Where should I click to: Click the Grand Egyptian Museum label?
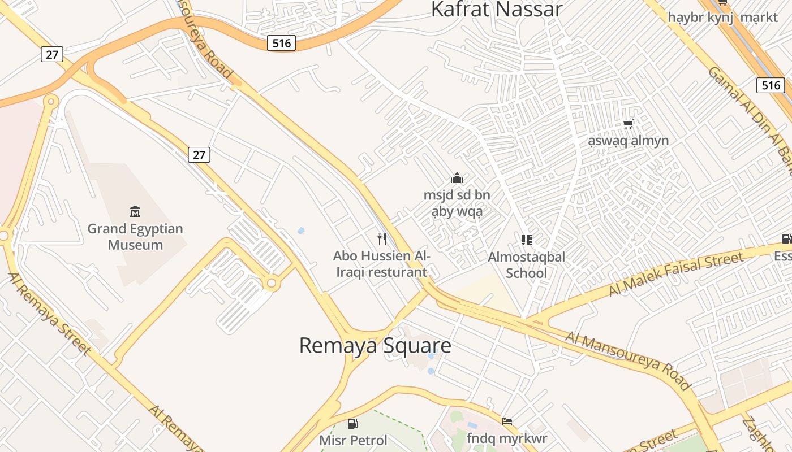coord(135,237)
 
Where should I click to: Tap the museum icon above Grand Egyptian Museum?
coord(135,212)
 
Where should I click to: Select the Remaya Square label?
coord(375,345)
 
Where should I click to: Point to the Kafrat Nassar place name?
coord(497,10)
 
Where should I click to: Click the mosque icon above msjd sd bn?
coord(457,179)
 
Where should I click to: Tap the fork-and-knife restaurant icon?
coord(382,239)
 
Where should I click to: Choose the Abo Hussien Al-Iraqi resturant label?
coord(382,264)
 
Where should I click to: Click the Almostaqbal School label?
coord(527,265)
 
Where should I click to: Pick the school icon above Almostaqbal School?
coord(527,240)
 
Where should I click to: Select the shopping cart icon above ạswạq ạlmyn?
coord(628,124)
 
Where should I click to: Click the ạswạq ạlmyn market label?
coord(628,140)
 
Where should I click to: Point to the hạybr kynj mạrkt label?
coord(722,18)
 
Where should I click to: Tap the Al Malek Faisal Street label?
coord(675,275)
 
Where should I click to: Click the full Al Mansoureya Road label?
coord(628,360)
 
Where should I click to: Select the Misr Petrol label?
coord(354,440)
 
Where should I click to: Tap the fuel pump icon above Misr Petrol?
coord(353,423)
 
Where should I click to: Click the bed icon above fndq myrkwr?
coord(507,421)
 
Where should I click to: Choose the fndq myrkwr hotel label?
coord(507,438)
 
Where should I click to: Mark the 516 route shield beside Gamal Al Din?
coord(771,85)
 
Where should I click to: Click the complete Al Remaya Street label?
coord(49,314)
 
